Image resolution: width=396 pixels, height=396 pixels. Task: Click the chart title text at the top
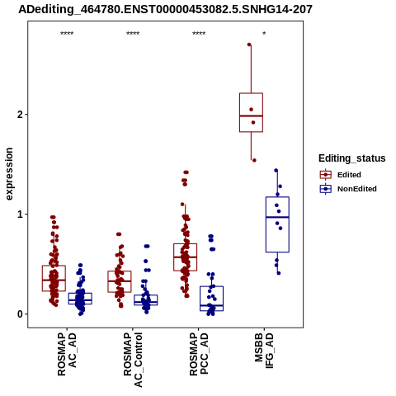165,9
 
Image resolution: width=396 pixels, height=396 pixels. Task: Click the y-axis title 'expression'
9,174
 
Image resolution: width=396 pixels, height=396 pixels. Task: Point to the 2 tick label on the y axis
20,115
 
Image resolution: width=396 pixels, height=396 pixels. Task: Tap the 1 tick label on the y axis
20,214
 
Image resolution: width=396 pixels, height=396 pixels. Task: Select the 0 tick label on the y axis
20,314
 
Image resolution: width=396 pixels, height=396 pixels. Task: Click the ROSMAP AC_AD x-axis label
67,354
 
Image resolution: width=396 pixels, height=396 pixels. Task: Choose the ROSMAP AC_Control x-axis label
133,360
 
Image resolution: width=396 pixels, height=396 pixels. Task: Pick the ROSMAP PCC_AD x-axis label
199,354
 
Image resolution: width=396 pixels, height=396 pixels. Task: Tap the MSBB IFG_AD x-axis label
264,351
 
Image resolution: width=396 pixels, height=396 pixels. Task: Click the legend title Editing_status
352,158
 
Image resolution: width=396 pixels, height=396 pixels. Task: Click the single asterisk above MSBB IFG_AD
264,34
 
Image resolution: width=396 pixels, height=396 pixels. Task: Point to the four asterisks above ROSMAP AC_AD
67,34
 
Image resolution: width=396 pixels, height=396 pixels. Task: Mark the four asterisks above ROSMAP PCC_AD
199,34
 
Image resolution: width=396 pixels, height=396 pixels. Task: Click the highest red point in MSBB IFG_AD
249,45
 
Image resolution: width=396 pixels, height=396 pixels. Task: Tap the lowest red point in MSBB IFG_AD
254,160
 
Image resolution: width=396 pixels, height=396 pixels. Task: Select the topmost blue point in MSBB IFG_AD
276,171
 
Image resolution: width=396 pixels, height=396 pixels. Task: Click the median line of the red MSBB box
251,115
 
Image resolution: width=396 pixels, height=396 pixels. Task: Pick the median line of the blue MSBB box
277,217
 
